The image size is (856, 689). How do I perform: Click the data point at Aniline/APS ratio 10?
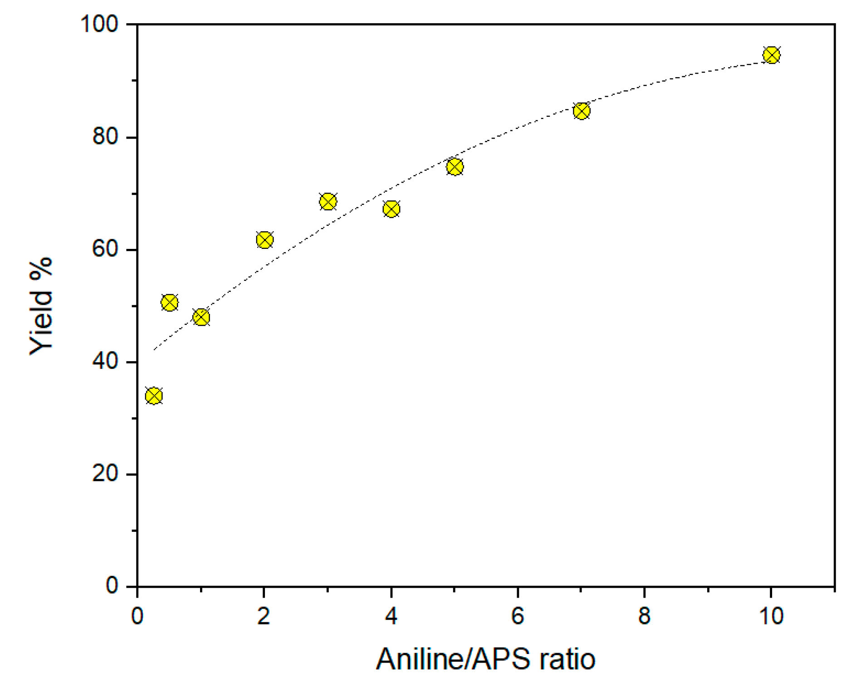click(x=771, y=55)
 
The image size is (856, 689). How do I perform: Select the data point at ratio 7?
click(x=581, y=111)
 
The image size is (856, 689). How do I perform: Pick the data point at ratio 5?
click(x=455, y=167)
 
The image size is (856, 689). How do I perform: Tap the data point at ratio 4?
click(x=391, y=209)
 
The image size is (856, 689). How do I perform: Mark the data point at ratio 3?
click(x=328, y=201)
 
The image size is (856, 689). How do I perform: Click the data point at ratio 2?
click(x=264, y=240)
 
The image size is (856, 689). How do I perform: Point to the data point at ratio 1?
click(x=201, y=317)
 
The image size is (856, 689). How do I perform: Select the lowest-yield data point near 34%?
click(x=154, y=396)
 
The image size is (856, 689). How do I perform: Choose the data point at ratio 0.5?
click(x=169, y=302)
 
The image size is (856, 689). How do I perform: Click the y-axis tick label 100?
click(x=99, y=24)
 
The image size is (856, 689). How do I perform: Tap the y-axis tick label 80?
click(x=105, y=136)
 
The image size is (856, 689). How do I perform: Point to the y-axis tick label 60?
click(x=105, y=249)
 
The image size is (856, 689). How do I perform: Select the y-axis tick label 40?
click(x=105, y=362)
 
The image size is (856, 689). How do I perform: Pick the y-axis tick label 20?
click(x=105, y=474)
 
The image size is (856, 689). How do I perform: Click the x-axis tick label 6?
click(x=518, y=616)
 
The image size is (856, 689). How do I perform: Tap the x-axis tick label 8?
click(x=644, y=616)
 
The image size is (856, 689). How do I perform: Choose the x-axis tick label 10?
click(x=771, y=616)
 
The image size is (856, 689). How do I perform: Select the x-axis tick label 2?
click(x=264, y=616)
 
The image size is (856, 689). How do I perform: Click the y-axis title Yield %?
click(x=41, y=306)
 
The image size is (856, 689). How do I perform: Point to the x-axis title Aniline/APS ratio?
click(x=485, y=659)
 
